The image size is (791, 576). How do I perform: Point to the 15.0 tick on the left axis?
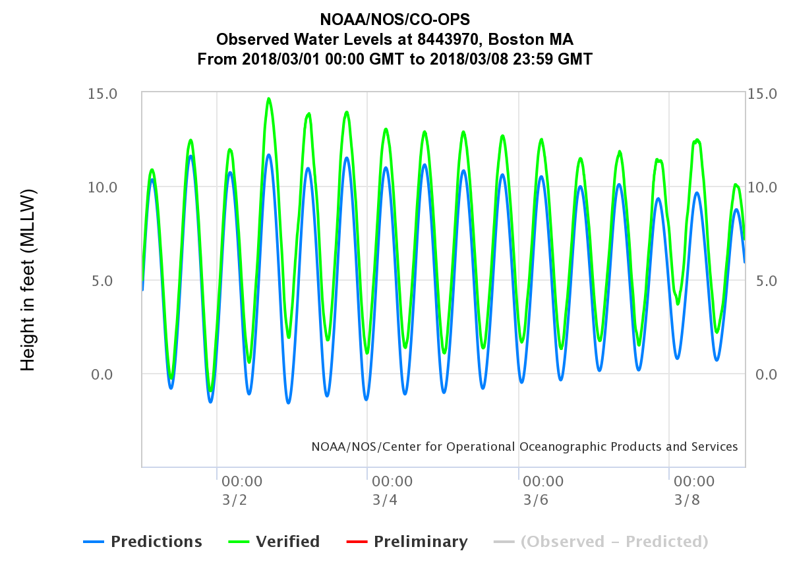102,94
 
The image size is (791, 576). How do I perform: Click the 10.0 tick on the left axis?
102,187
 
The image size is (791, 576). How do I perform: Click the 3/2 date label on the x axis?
235,500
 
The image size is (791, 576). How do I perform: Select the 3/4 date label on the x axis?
385,500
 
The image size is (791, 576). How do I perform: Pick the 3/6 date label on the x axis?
536,500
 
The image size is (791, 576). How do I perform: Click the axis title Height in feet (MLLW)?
28,280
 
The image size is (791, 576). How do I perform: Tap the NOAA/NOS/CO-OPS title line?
395,18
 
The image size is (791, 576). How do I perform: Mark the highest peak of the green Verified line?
269,99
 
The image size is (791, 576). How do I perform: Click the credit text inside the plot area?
525,447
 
